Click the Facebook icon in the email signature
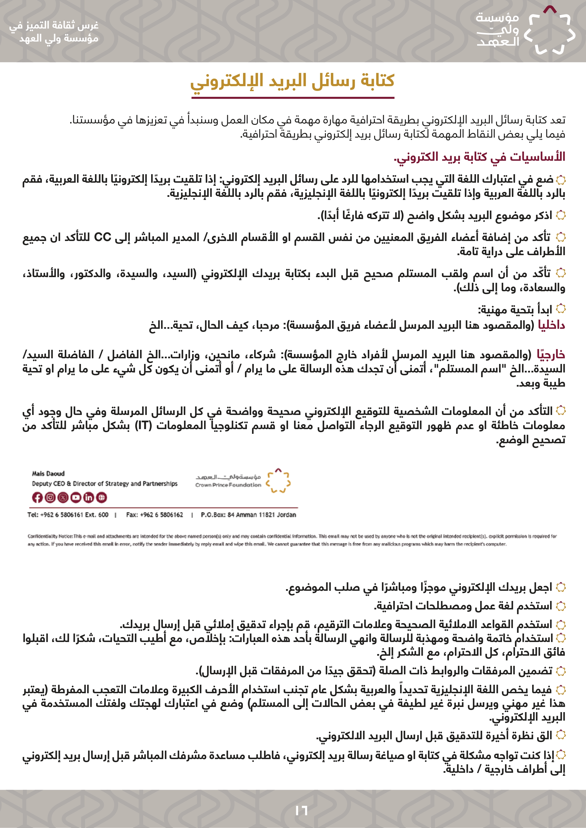[37, 498]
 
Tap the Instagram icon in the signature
[50, 498]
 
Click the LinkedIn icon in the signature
[88, 498]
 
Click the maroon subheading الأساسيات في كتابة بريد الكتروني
[479, 157]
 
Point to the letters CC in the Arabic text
[103, 237]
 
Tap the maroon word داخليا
[551, 325]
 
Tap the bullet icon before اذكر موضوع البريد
[560, 216]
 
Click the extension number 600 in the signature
[103, 515]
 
